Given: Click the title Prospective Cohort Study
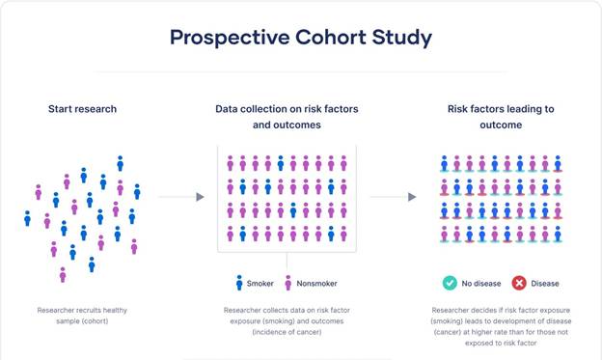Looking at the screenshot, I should point(300,38).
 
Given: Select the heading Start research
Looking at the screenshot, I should point(82,108).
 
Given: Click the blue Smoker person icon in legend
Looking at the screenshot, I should point(239,283).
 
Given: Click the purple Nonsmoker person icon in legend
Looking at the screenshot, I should point(287,283).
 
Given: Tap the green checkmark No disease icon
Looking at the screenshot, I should point(450,283).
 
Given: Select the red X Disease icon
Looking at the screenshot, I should point(518,283).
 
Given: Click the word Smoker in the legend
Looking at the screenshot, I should point(260,284).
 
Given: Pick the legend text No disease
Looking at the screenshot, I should point(480,284).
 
